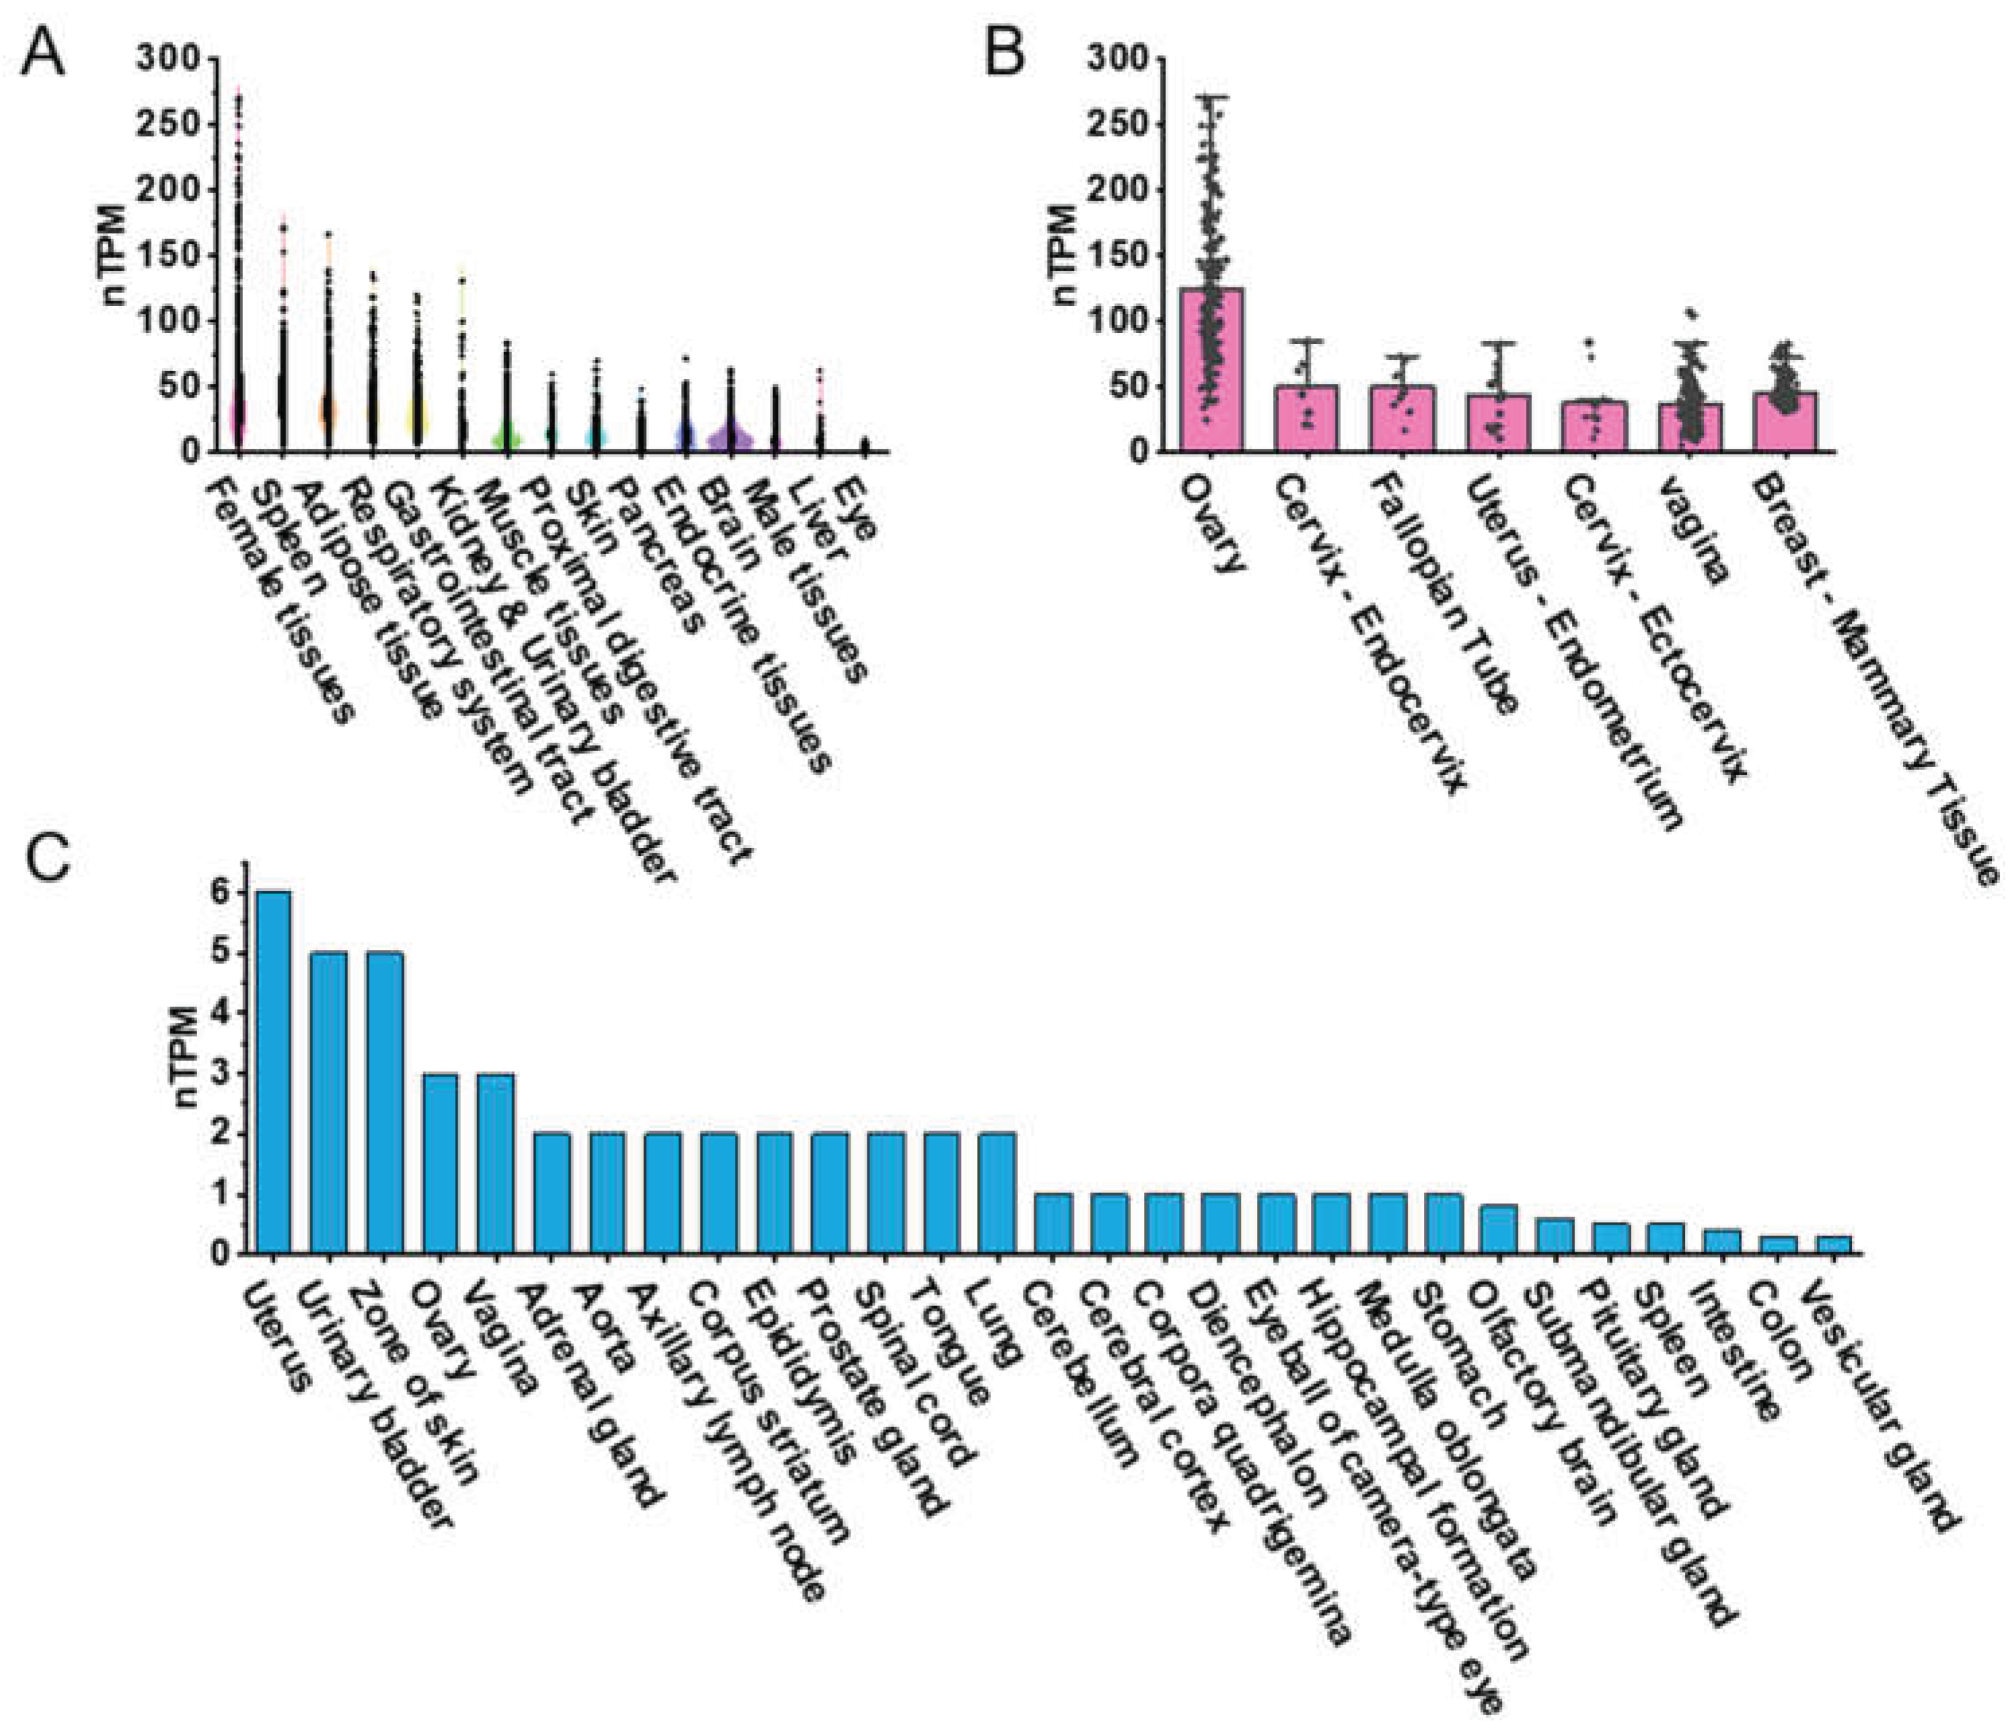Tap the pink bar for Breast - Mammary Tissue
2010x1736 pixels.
(x=1785, y=422)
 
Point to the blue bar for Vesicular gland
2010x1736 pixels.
(x=1832, y=1244)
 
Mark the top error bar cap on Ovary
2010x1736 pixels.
(x=1211, y=97)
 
